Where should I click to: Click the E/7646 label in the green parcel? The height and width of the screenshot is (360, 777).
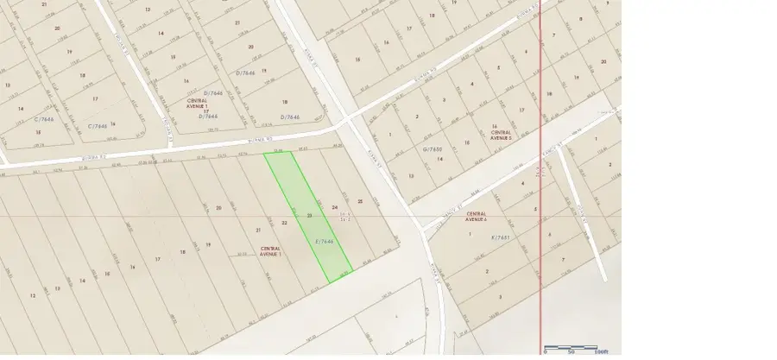coord(325,243)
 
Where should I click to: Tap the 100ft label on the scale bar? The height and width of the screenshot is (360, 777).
coord(602,352)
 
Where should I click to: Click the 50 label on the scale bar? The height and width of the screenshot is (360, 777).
coord(572,352)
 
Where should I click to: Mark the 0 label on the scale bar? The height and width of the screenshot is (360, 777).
coord(545,352)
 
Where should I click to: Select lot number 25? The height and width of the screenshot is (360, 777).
coord(360,201)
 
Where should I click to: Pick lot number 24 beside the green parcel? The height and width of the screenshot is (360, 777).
coord(334,208)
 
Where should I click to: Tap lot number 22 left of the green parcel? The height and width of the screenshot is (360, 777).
coord(284,222)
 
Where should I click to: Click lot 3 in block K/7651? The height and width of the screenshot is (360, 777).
coord(500,295)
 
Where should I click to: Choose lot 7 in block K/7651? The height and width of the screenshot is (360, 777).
coord(562,259)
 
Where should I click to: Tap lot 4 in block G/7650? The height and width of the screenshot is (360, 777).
coord(473,84)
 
